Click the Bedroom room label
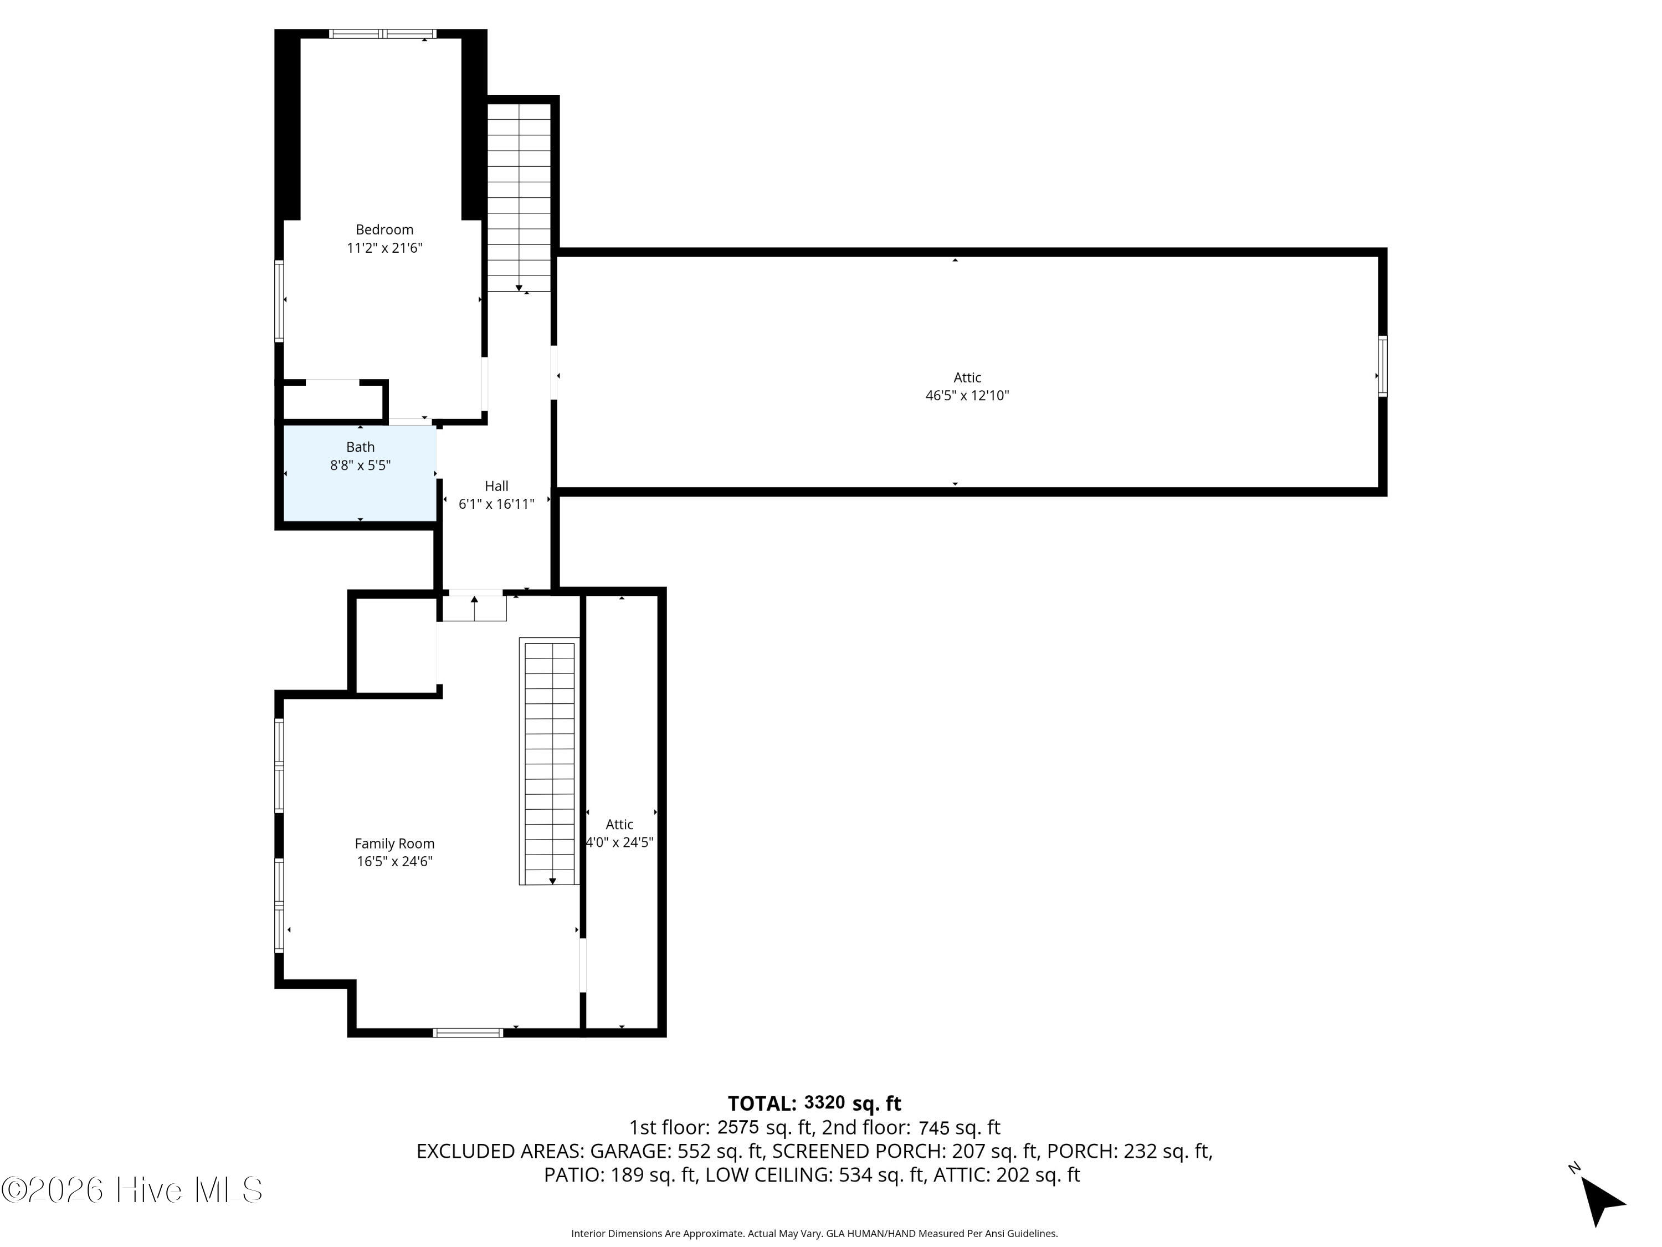point(384,230)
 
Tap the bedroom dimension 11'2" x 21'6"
point(384,248)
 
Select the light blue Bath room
point(360,473)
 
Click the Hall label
point(496,486)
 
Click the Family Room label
point(394,844)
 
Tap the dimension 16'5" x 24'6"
point(394,861)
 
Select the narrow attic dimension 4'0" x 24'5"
point(619,842)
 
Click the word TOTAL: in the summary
point(762,1103)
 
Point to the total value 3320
point(824,1103)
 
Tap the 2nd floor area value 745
point(935,1127)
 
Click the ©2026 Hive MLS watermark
point(132,1190)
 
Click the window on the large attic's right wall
point(1382,366)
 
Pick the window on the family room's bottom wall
point(468,1033)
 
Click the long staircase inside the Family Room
point(549,762)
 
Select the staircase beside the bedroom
point(519,197)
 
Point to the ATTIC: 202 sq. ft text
point(1006,1175)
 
